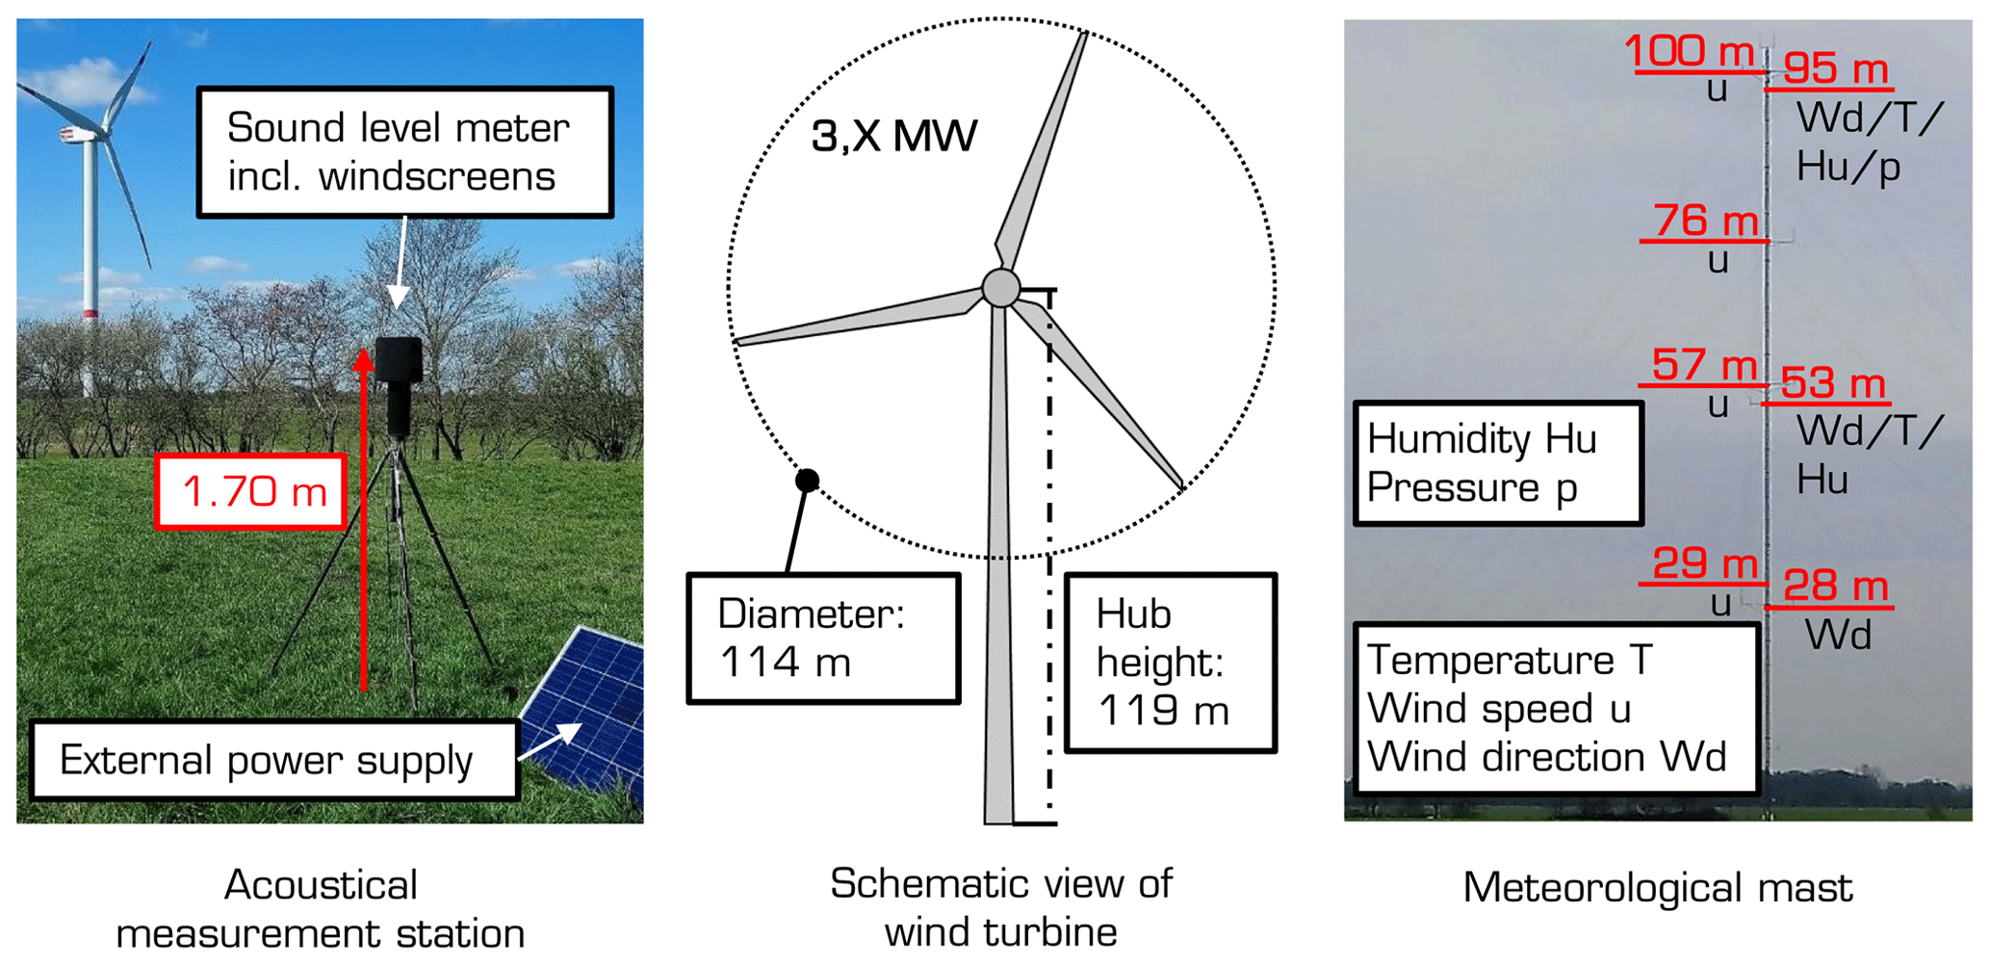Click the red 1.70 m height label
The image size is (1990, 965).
(x=251, y=491)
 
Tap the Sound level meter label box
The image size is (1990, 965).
(x=404, y=152)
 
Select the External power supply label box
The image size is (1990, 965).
(x=274, y=760)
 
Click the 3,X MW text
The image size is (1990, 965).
(x=893, y=136)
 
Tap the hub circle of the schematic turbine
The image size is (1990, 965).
(x=1000, y=287)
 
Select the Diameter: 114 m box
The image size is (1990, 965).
(x=823, y=639)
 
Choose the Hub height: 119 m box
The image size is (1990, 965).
(x=1170, y=663)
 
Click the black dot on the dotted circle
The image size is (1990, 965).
(x=807, y=480)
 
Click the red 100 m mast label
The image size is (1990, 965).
(x=1690, y=51)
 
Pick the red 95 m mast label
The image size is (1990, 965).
(x=1835, y=68)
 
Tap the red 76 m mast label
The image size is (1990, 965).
(x=1705, y=221)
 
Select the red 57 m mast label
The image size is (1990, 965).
(x=1704, y=365)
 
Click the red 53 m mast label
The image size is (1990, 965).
(x=1832, y=383)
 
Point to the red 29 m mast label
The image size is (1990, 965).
(x=1705, y=563)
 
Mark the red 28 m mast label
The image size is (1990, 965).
(x=1835, y=586)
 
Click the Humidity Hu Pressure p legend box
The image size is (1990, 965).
(x=1497, y=463)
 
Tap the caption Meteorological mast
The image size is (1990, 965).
(x=1657, y=887)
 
